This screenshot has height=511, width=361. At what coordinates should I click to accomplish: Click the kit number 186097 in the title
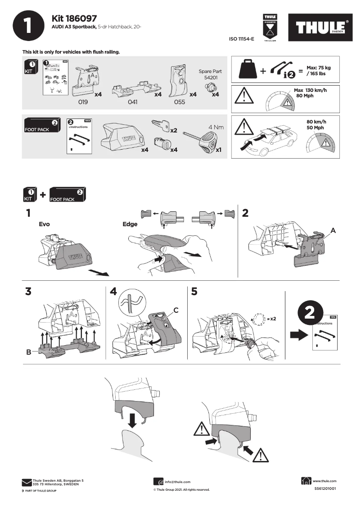(81, 18)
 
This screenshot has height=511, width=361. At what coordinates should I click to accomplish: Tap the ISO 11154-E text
(242, 39)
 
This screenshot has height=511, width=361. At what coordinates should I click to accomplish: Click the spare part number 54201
(210, 78)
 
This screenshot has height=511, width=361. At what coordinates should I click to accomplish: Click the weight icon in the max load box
(247, 70)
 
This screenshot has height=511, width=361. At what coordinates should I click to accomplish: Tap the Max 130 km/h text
(310, 90)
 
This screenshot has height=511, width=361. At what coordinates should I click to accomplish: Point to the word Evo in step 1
(44, 224)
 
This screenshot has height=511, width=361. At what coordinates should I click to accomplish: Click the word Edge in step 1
(130, 224)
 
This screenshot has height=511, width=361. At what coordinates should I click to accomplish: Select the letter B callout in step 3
(28, 352)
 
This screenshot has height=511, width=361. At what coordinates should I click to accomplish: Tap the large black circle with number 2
(310, 314)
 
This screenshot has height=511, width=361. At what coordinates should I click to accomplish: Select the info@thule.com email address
(177, 482)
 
